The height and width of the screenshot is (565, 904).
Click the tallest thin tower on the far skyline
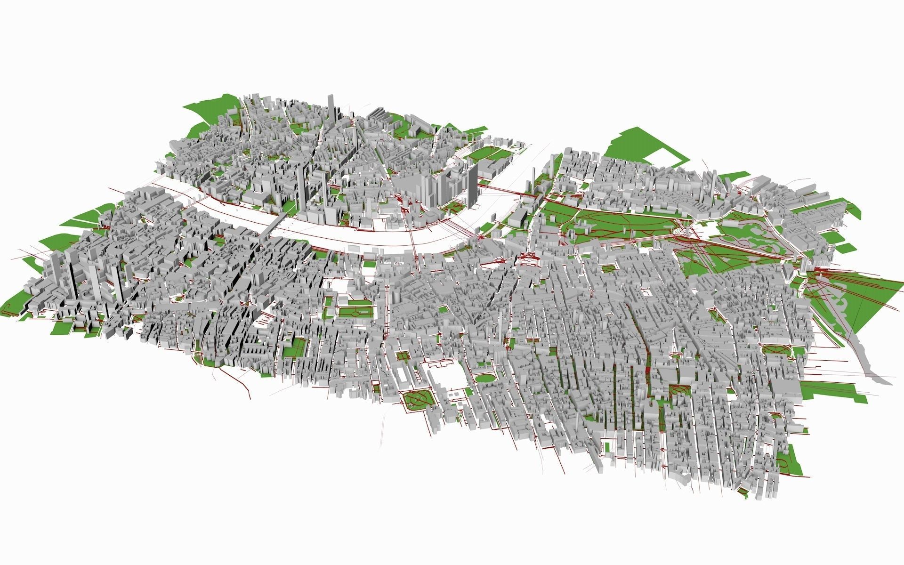click(331, 106)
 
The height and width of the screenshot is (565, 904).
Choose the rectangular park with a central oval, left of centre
click(354, 312)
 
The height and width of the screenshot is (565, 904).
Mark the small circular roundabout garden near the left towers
click(178, 298)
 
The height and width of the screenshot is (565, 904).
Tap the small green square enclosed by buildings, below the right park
click(608, 269)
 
